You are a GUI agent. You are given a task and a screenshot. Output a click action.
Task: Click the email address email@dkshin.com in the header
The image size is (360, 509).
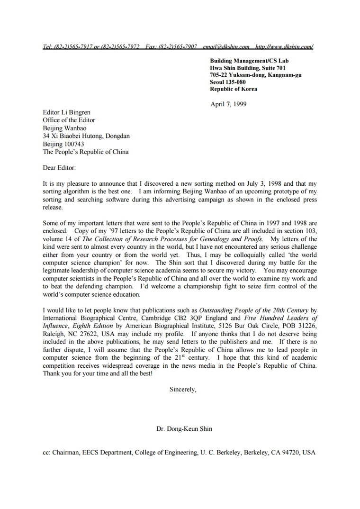(x=226, y=47)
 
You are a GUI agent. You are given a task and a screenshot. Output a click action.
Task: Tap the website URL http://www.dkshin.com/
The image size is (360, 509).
(x=284, y=47)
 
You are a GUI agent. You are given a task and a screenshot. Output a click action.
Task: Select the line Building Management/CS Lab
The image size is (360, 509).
(x=249, y=61)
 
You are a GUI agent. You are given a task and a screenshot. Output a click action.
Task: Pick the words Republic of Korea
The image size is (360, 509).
(x=234, y=89)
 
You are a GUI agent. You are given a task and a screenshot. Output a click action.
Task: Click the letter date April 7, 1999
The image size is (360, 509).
(x=228, y=104)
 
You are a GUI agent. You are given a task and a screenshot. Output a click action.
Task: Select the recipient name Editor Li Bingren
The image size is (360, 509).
(x=66, y=112)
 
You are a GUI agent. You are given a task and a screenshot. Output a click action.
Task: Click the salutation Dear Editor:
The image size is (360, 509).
(x=59, y=168)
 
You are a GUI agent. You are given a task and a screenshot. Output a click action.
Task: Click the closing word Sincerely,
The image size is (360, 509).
(x=183, y=389)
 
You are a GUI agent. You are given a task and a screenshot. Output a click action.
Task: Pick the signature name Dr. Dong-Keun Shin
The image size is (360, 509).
(x=184, y=429)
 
